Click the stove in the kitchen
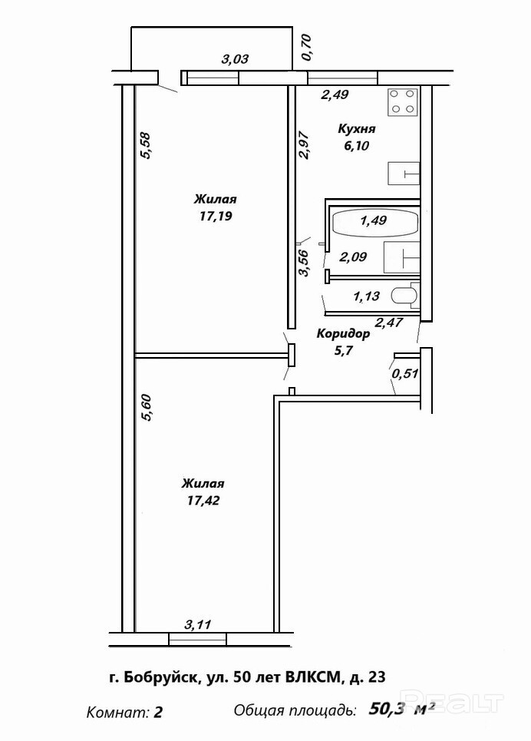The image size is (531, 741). tap(403, 101)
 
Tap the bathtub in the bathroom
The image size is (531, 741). tap(374, 221)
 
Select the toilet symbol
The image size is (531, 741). tap(404, 296)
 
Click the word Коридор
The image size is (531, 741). tap(343, 334)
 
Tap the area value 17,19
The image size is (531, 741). tap(215, 217)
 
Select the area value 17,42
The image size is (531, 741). tap(203, 501)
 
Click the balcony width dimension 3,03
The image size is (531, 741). tap(235, 58)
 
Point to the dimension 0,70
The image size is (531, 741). tap(307, 48)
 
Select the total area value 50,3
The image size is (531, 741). tap(387, 708)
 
